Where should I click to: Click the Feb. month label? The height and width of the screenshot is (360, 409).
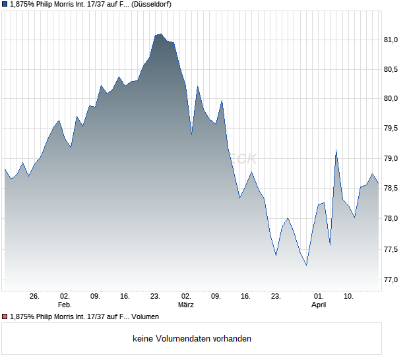pyautogui.click(x=64, y=305)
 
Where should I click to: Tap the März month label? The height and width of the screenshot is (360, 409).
pyautogui.click(x=186, y=305)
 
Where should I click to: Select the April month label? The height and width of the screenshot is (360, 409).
pyautogui.click(x=319, y=305)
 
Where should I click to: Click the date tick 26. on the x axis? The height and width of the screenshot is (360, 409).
pyautogui.click(x=35, y=296)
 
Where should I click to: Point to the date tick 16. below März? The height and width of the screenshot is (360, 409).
pyautogui.click(x=245, y=296)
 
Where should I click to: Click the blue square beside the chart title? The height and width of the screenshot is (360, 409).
pyautogui.click(x=5, y=5)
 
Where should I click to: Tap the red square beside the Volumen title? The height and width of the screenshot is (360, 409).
pyautogui.click(x=5, y=316)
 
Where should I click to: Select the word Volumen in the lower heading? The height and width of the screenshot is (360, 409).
pyautogui.click(x=144, y=316)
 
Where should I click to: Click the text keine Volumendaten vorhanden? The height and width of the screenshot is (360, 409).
pyautogui.click(x=192, y=339)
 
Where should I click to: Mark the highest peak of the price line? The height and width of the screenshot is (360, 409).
pyautogui.click(x=160, y=34)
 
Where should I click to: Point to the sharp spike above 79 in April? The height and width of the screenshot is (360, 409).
pyautogui.click(x=336, y=151)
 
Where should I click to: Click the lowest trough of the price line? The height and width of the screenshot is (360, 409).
pyautogui.click(x=306, y=265)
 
